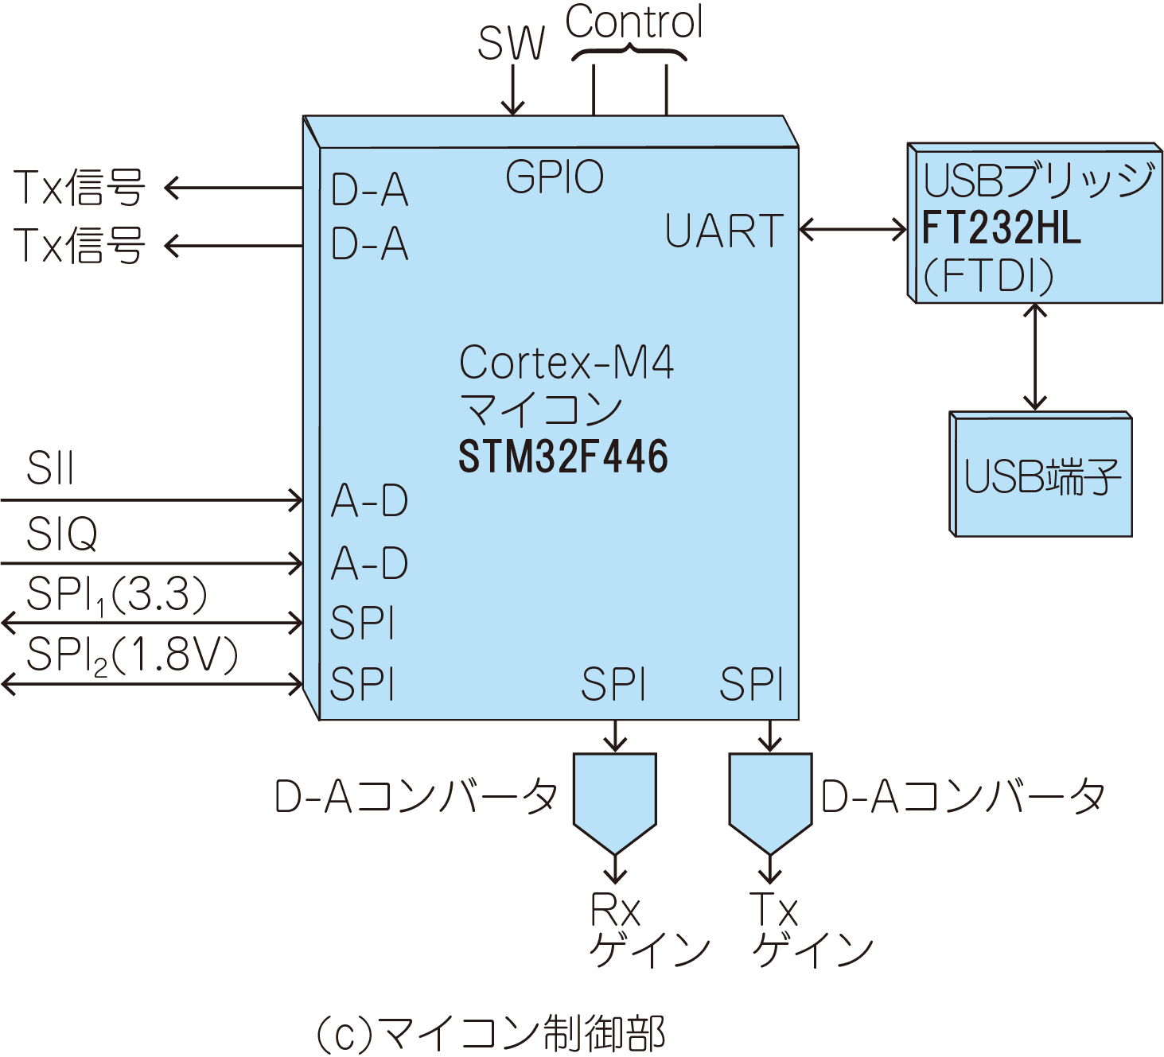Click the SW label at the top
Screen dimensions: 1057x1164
tap(511, 43)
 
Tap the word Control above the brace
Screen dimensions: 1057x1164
tap(634, 22)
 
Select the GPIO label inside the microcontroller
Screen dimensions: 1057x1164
tap(555, 177)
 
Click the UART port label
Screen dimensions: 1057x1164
tap(724, 231)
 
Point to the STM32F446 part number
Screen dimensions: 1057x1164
tap(563, 457)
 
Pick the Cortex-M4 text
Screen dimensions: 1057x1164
tap(566, 363)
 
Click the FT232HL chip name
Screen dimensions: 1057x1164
tap(1002, 227)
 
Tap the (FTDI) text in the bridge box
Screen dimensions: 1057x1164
tap(988, 276)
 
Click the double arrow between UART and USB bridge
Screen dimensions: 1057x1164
tap(853, 230)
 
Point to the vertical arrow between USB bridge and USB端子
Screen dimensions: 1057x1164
tap(1035, 357)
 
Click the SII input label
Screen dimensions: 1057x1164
tap(50, 468)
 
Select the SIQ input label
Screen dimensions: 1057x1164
tap(62, 533)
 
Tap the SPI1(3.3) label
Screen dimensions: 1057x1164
tap(116, 594)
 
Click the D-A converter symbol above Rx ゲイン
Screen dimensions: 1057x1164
tap(615, 799)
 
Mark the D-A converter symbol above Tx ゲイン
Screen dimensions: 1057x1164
tap(770, 799)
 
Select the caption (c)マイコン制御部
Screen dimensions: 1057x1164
tap(490, 1033)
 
